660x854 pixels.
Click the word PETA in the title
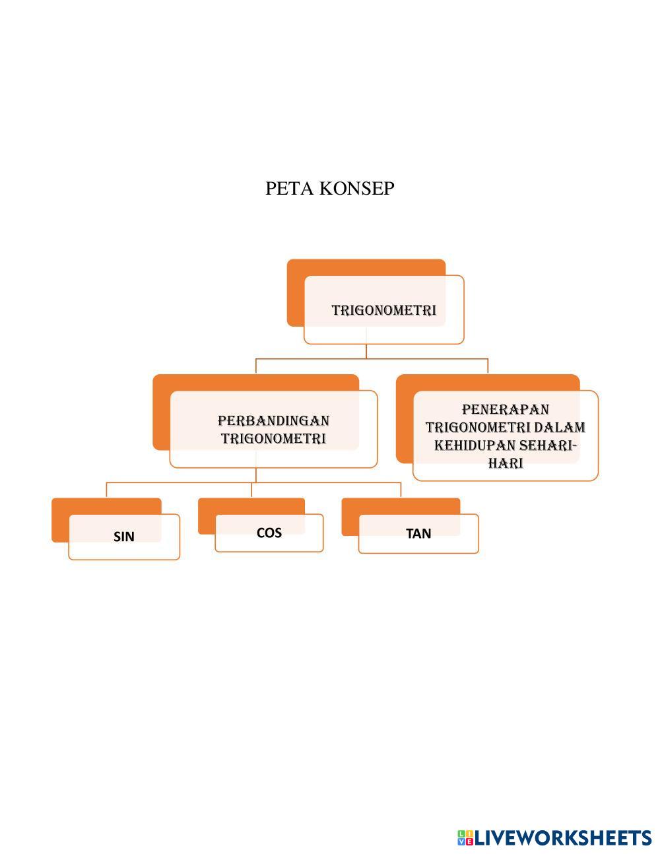coord(290,189)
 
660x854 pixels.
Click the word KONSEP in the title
coord(357,189)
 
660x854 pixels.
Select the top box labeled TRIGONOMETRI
coord(383,310)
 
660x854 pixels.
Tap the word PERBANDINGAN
coord(273,420)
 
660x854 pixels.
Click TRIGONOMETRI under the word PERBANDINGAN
coord(273,438)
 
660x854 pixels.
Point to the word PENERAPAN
coord(506,410)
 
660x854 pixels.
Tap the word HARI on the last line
coord(506,463)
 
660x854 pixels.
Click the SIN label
coord(124,537)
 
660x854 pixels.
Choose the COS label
coord(269,533)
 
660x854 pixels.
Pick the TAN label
coord(418,533)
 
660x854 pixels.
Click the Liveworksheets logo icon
coord(465,838)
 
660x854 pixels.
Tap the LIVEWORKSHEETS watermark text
coord(563,838)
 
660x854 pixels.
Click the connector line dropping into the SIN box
coord(106,490)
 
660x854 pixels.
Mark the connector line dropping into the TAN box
coord(401,490)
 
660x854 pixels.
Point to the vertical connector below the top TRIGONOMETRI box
coord(366,351)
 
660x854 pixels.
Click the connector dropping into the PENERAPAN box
coord(488,366)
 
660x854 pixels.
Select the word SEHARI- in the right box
coord(544,445)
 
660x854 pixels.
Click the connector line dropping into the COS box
coord(251,490)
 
